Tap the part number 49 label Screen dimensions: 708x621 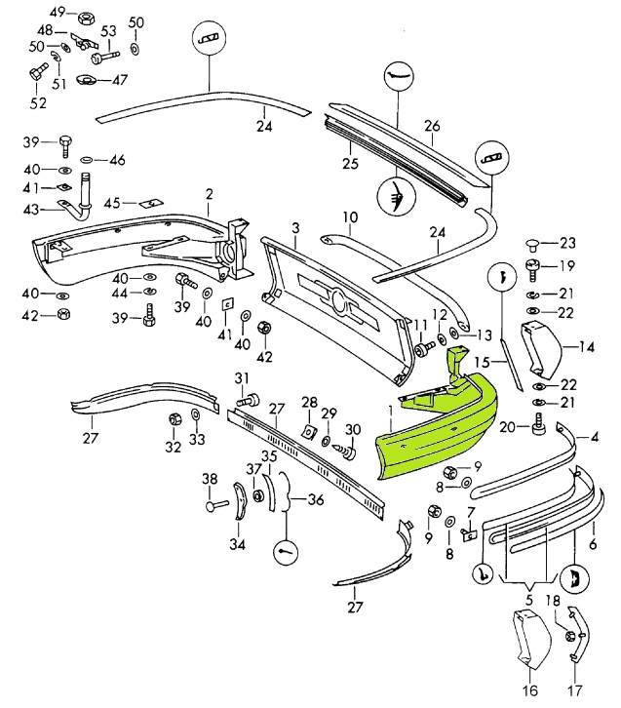[58, 13]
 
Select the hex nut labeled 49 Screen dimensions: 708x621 [85, 17]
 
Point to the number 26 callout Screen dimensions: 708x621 [432, 126]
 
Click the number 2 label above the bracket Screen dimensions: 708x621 [209, 195]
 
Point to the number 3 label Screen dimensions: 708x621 [295, 228]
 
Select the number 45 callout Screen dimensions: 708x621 [111, 203]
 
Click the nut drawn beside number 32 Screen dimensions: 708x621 [175, 419]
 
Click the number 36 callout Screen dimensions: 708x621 [315, 500]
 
